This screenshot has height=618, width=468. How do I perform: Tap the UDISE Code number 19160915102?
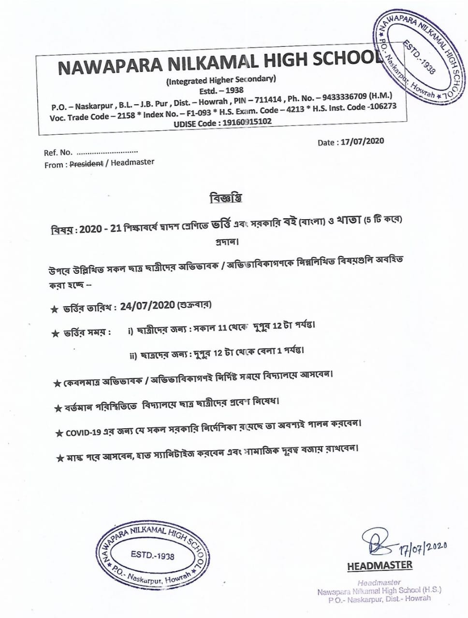tap(247, 122)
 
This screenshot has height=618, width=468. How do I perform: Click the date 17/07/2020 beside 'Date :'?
tap(362, 141)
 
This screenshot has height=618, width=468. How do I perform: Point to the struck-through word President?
tap(87, 164)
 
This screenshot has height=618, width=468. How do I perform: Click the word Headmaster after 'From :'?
tap(132, 162)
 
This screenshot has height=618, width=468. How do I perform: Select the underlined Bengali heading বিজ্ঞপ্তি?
tap(225, 197)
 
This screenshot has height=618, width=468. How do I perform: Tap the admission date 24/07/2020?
tap(147, 306)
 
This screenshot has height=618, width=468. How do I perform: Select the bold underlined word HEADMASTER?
tap(380, 565)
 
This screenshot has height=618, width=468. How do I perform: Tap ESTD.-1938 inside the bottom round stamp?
tap(152, 555)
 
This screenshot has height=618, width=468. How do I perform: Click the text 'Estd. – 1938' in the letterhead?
tap(221, 90)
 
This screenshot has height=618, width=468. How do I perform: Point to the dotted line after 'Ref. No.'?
tap(107, 152)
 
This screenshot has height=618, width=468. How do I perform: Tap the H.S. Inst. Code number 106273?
tap(381, 106)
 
